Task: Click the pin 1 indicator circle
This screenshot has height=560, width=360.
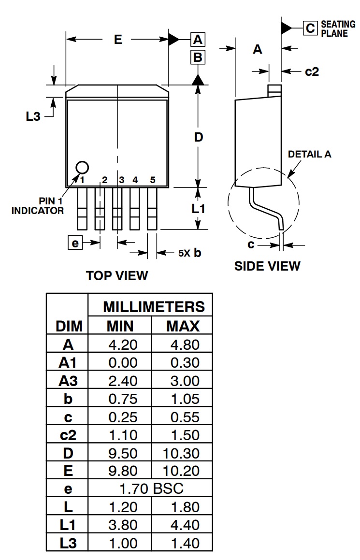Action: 82,167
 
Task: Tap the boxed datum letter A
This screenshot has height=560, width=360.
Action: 198,40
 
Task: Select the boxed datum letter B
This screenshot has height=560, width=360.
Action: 198,58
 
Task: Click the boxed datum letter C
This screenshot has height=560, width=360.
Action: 310,28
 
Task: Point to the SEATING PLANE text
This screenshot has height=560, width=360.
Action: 338,29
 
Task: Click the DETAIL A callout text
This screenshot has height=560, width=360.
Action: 310,154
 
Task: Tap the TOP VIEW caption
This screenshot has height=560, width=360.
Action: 117,275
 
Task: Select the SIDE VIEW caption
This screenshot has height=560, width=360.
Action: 267,266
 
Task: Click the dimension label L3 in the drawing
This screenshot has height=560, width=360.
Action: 33,116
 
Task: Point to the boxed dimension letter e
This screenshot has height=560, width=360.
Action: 74,243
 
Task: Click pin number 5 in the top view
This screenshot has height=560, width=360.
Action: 152,180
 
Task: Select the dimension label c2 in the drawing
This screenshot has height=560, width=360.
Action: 312,72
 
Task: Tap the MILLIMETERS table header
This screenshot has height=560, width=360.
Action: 154,307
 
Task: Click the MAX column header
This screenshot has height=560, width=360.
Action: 183,326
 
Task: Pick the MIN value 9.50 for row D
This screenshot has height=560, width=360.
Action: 123,453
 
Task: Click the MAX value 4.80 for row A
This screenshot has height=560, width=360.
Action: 183,345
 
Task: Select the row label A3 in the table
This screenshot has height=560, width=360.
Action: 68,381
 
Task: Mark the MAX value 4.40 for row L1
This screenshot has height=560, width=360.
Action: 183,525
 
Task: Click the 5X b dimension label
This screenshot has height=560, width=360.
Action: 189,253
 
